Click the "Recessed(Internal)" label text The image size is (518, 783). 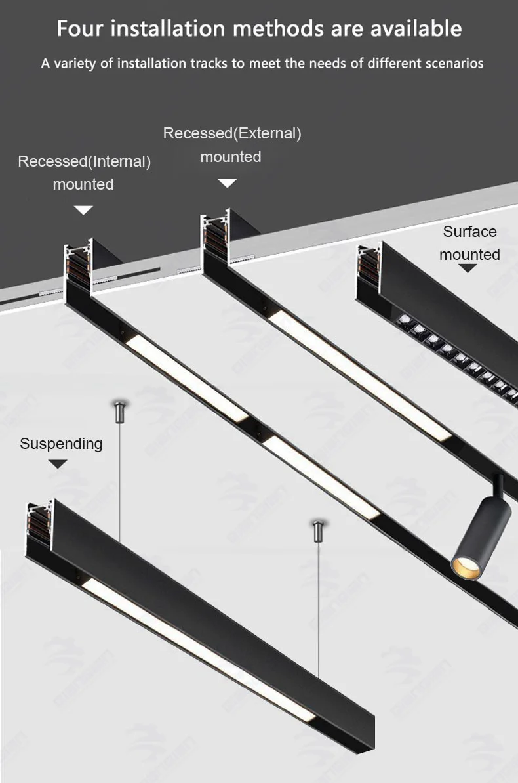[84, 161]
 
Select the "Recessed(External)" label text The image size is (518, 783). [232, 133]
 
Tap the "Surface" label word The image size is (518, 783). [469, 232]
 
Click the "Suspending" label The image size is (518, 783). [61, 444]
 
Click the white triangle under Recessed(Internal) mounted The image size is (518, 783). [83, 210]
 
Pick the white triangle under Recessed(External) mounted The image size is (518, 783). [227, 183]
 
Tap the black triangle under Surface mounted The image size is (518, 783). [468, 268]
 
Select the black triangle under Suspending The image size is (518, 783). [58, 464]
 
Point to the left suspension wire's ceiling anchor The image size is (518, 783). [119, 412]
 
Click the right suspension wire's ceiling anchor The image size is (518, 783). [319, 529]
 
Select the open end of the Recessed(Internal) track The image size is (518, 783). [78, 265]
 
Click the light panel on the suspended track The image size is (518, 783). [197, 646]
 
